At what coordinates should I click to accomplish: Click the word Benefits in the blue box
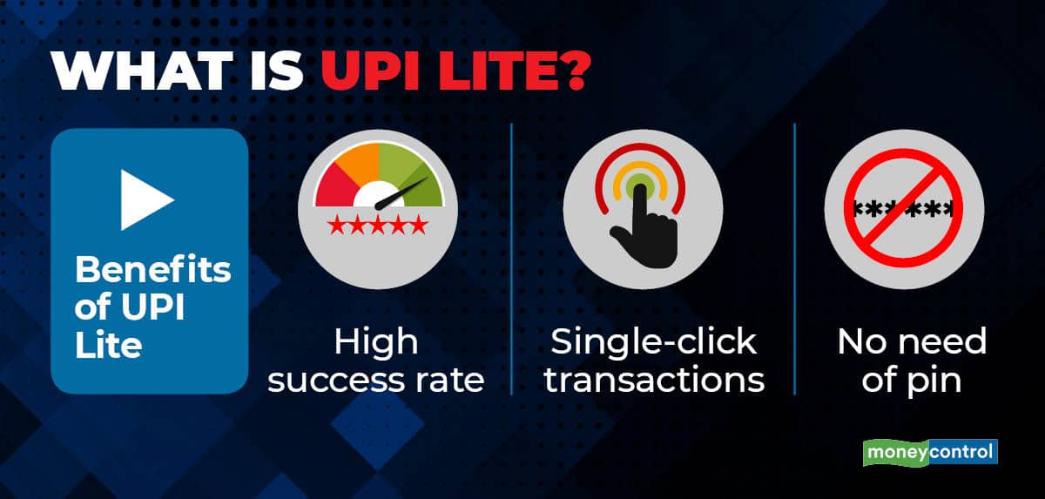[x=152, y=270]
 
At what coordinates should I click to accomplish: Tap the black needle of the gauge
[x=401, y=193]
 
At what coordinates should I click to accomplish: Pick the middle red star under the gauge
[x=377, y=226]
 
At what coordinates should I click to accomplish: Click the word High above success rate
[x=376, y=342]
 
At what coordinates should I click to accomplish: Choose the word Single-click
[x=654, y=342]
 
